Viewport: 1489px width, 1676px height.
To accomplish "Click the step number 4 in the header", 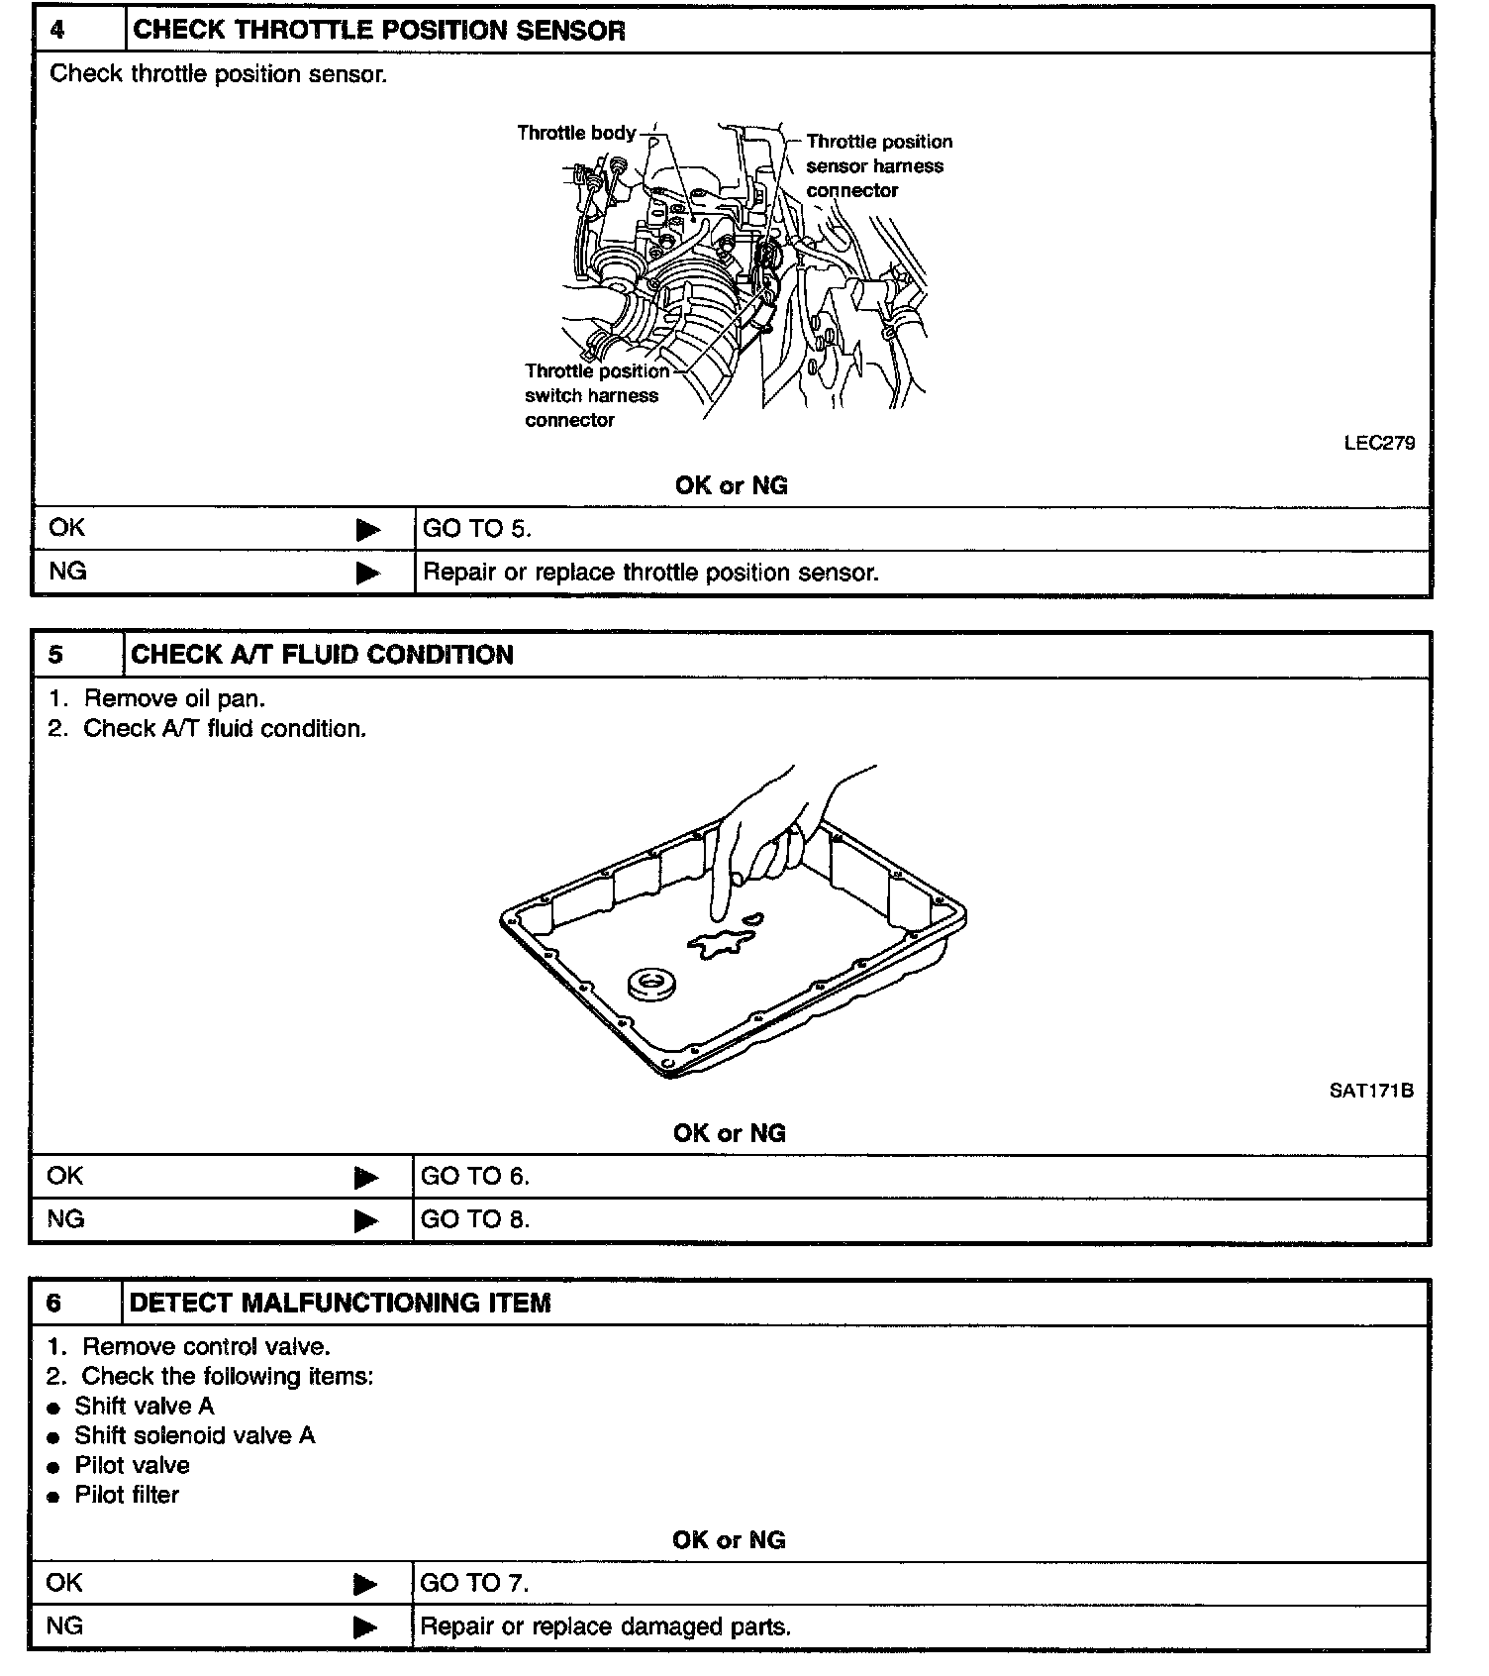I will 58,30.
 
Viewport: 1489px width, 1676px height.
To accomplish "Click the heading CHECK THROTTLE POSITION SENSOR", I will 379,31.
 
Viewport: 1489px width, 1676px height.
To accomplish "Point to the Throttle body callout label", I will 575,133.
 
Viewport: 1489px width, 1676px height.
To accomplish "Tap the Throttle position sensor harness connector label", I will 877,166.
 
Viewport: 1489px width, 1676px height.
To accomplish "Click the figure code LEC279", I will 1378,443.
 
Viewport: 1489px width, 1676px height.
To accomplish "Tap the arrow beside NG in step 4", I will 368,573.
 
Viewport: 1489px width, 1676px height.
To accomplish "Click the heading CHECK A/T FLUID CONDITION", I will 322,655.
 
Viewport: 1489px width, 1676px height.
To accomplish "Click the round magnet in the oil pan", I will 651,985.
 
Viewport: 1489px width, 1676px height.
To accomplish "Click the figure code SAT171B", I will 1370,1091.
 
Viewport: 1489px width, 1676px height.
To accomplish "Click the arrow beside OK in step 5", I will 366,1177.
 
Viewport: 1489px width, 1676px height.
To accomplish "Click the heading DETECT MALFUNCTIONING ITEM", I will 340,1303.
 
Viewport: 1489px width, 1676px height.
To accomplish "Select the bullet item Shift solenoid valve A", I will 194,1435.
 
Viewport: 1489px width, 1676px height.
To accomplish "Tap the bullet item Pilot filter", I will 127,1495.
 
